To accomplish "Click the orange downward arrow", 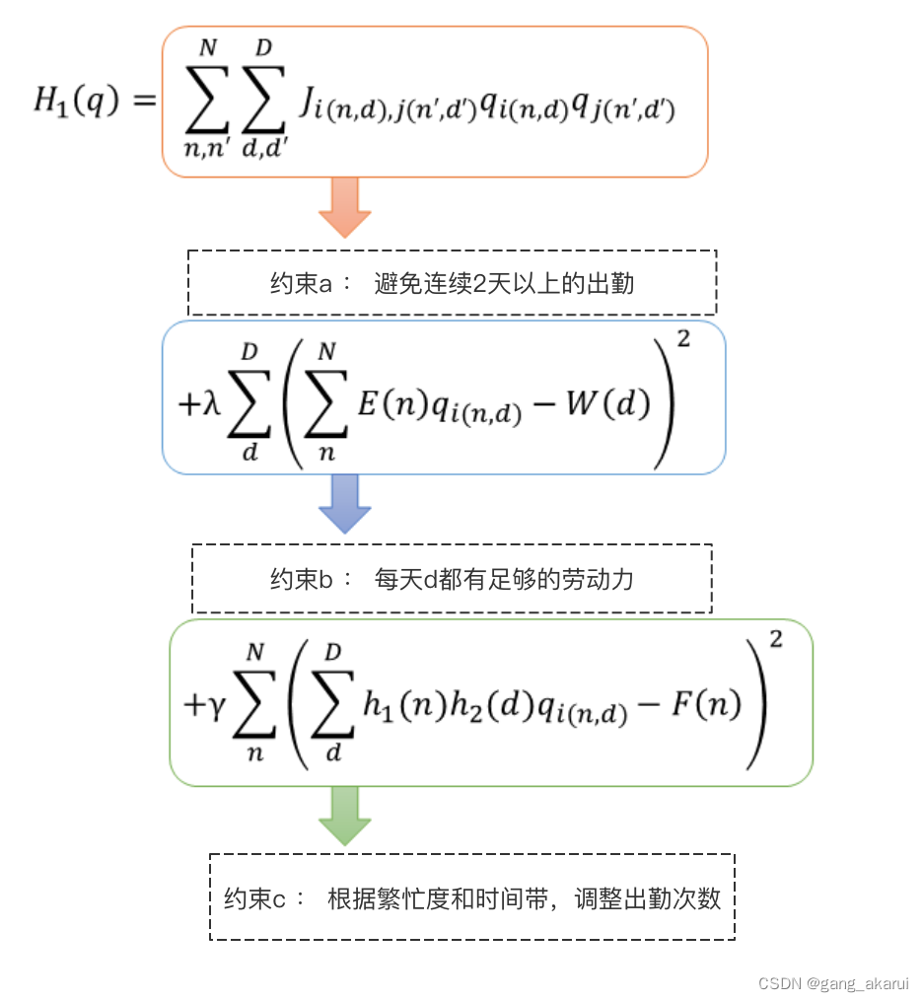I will coord(345,207).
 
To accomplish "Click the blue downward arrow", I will coord(345,503).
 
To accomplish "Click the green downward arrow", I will coord(345,816).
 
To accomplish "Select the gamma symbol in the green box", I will coord(218,707).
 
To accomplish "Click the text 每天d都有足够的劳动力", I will coord(504,579).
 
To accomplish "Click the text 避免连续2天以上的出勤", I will coord(504,284).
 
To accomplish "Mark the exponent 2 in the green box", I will coord(776,640).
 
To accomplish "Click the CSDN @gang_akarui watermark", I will coord(832,983).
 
